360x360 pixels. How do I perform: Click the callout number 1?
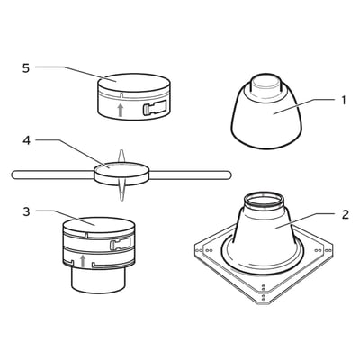point(344,101)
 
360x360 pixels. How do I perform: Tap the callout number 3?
point(27,211)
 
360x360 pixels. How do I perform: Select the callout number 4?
point(27,140)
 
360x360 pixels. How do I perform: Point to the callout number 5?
point(27,67)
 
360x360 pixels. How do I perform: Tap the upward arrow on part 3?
point(84,262)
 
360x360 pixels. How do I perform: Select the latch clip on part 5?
point(152,110)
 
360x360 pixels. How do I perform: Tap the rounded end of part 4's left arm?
point(13,171)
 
